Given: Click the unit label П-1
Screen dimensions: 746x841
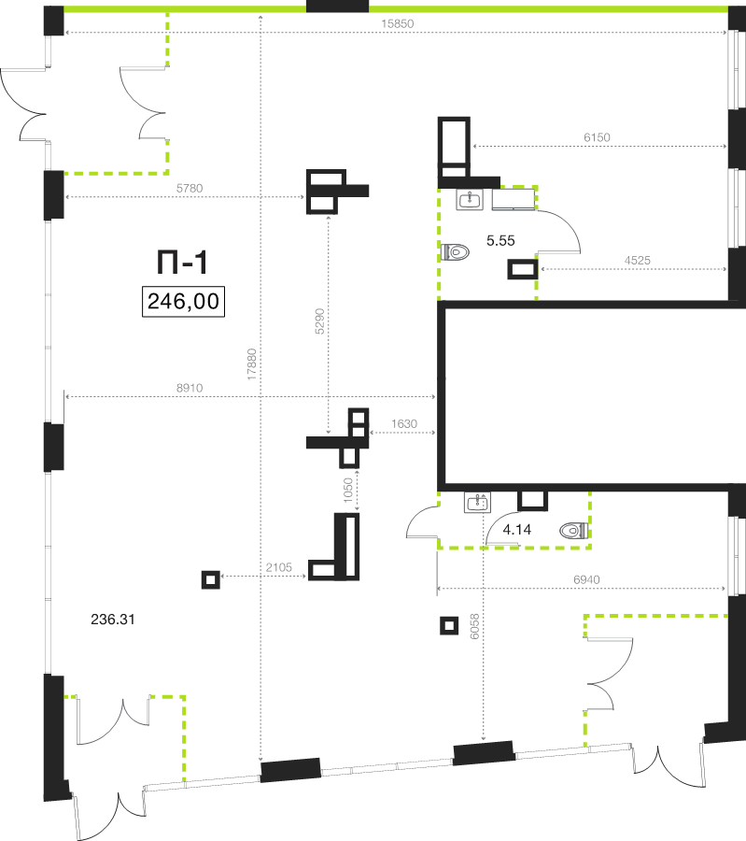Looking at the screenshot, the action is [x=182, y=263].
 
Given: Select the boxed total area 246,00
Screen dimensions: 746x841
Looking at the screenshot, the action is [x=183, y=302].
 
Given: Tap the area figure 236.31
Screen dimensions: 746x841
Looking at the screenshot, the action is [x=113, y=620].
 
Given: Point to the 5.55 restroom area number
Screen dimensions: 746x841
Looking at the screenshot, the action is [x=500, y=241].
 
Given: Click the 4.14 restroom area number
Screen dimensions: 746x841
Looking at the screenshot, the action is [x=517, y=530].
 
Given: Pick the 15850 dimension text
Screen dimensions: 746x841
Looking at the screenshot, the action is [x=398, y=23].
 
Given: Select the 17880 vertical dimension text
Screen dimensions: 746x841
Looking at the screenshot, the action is [x=252, y=364].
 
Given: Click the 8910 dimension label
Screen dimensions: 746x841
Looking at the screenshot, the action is [x=190, y=388].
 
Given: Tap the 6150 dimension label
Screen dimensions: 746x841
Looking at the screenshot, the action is [x=597, y=137].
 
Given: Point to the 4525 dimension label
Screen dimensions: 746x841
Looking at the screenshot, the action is [x=637, y=260].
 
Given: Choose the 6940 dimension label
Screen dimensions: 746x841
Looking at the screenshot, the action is [x=587, y=579].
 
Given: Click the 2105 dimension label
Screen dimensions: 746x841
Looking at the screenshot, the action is [x=278, y=567].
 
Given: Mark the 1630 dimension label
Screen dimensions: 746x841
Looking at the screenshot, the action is [x=404, y=423].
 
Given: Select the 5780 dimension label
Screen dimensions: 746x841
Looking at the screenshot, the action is [x=190, y=188].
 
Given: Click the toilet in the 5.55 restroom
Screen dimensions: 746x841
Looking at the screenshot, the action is [x=455, y=251].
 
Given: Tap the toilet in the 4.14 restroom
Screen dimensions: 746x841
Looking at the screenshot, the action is [x=574, y=531].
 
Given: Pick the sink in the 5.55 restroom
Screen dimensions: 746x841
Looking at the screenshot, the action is [x=470, y=200].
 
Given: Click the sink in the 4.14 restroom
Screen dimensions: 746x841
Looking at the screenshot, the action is [x=477, y=503].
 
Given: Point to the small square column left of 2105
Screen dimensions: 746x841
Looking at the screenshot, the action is [x=211, y=579].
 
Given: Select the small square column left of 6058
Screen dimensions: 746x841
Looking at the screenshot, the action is [x=449, y=625].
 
